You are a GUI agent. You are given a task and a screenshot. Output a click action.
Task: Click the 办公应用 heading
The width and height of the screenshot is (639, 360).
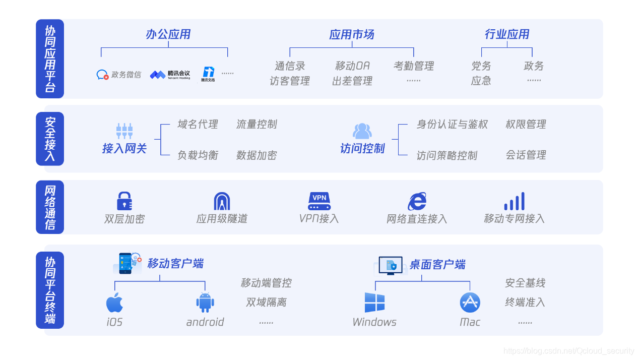(x=168, y=34)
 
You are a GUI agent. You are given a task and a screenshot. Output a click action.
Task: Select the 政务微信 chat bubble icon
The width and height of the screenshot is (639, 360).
(x=102, y=75)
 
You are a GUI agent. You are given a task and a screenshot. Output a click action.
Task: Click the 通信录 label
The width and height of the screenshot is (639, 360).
(x=290, y=66)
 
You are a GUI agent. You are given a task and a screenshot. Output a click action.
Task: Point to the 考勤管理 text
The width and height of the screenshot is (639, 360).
(x=413, y=66)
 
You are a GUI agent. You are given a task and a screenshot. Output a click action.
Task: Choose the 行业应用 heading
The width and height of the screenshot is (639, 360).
(x=506, y=34)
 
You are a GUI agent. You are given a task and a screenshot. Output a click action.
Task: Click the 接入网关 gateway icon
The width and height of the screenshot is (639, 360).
(x=124, y=131)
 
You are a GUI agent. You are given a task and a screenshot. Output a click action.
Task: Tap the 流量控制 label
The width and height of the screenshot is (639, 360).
(x=257, y=125)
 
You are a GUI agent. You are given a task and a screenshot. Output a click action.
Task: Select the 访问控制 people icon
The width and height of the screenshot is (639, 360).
(x=362, y=131)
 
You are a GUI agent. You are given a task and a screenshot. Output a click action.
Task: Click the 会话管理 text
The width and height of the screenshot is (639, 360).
(x=526, y=155)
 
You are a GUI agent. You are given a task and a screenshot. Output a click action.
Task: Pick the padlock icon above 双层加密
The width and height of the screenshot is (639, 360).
(x=124, y=201)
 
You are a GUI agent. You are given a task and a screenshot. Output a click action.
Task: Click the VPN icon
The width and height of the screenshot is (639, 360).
(x=319, y=201)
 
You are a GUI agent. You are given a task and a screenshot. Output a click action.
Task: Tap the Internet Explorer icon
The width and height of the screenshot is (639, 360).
(x=417, y=201)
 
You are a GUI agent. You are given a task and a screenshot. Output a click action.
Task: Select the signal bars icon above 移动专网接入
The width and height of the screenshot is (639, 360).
(x=514, y=201)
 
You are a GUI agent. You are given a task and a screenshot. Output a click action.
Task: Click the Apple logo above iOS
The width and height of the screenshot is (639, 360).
(x=114, y=302)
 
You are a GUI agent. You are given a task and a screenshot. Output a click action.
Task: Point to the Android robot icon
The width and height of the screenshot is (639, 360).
(x=205, y=302)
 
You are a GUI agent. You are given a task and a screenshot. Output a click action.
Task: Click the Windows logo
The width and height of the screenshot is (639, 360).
(x=374, y=303)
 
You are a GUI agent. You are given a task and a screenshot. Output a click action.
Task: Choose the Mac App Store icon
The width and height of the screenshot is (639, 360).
(x=470, y=303)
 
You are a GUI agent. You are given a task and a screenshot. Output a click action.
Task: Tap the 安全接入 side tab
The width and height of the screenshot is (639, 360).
(x=50, y=139)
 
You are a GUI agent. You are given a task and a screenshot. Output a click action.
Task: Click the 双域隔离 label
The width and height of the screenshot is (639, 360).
(x=266, y=303)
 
